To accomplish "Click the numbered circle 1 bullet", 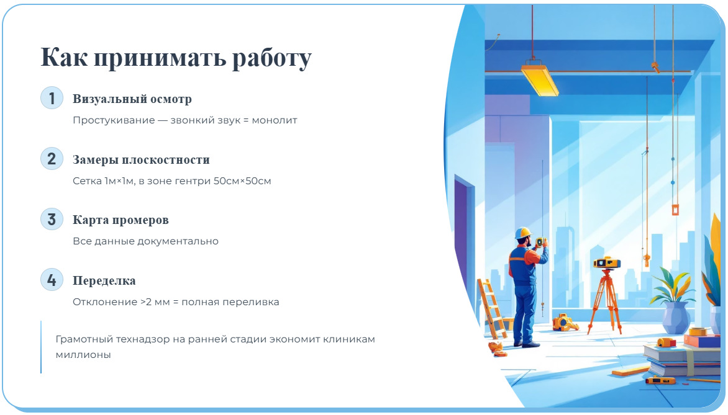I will [x=52, y=98].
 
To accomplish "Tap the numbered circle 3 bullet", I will [x=52, y=220].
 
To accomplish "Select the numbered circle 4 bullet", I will [x=52, y=280].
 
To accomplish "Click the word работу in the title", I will [x=271, y=58].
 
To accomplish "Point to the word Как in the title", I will [x=64, y=58].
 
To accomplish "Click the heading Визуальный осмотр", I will [x=132, y=99].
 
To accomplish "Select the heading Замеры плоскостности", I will [x=141, y=160].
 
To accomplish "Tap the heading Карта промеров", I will [x=121, y=220].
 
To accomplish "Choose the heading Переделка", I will [x=104, y=281].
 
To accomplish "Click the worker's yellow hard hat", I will [x=524, y=233].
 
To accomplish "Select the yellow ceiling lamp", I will [x=539, y=78].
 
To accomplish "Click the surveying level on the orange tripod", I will [x=607, y=263].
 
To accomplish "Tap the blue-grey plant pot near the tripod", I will [x=675, y=317].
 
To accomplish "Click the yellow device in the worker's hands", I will [x=540, y=241].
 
